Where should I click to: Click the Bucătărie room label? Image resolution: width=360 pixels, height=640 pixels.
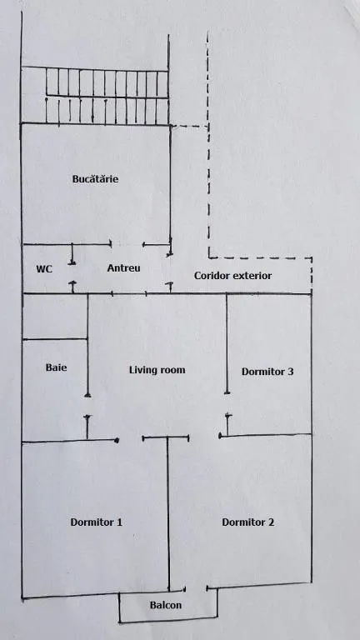pyautogui.click(x=95, y=179)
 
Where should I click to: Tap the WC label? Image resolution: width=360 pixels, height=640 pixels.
pyautogui.click(x=44, y=269)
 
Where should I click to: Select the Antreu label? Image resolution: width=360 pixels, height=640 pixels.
pyautogui.click(x=123, y=268)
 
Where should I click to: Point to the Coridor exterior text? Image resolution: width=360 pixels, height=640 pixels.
pyautogui.click(x=232, y=276)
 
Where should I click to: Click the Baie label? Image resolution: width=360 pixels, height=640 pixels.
pyautogui.click(x=57, y=367)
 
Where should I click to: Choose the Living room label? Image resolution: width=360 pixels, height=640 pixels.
pyautogui.click(x=157, y=370)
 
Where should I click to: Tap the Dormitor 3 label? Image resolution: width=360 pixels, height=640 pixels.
pyautogui.click(x=267, y=372)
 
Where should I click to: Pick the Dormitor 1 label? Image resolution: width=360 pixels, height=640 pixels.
pyautogui.click(x=97, y=522)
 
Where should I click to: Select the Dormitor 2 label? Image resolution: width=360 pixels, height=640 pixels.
pyautogui.click(x=247, y=522)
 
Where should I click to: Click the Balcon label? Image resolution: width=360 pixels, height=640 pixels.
pyautogui.click(x=166, y=605)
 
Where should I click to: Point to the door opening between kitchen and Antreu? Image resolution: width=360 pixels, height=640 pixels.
pyautogui.click(x=127, y=244)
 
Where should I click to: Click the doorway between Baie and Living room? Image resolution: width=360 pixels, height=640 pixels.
pyautogui.click(x=87, y=405)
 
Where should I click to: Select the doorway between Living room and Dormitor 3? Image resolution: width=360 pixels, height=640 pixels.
pyautogui.click(x=227, y=404)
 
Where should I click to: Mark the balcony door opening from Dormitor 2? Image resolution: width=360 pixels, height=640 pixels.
pyautogui.click(x=196, y=589)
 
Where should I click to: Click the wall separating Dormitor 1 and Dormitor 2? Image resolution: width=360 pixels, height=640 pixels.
pyautogui.click(x=168, y=514)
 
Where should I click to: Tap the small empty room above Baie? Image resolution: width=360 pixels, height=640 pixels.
pyautogui.click(x=55, y=317)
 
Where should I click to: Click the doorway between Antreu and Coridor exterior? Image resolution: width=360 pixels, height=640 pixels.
pyautogui.click(x=170, y=268)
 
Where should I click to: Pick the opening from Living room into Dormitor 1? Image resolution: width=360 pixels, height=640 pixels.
pyautogui.click(x=130, y=440)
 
